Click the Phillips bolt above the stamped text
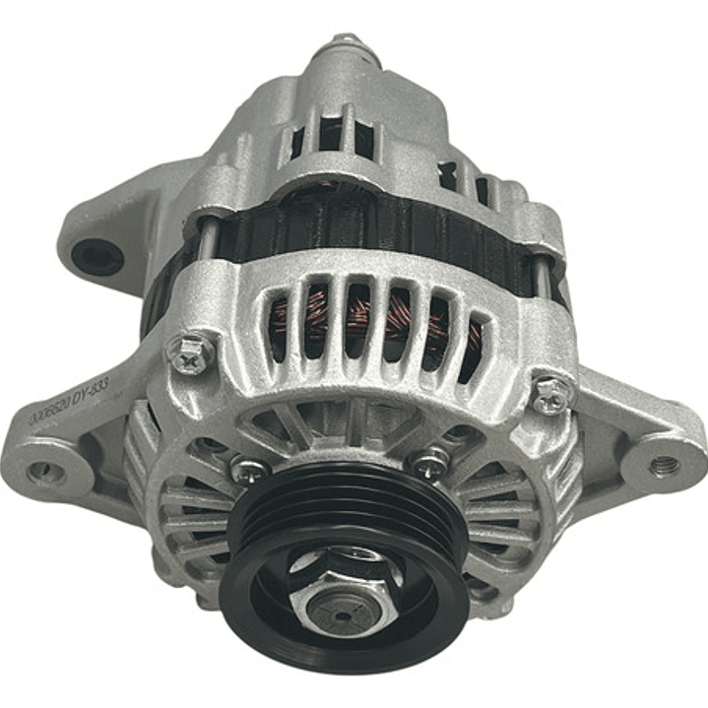click(193, 352)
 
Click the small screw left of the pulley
click(250, 471)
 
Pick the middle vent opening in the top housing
click(331, 133)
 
